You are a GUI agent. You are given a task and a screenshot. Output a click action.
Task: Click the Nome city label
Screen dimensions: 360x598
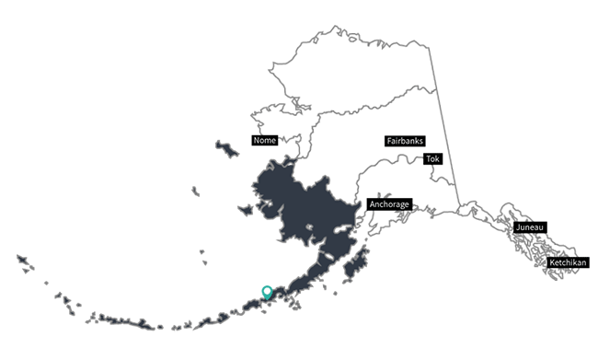point(264,141)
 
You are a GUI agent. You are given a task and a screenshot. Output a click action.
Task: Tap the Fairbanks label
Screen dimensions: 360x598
point(404,141)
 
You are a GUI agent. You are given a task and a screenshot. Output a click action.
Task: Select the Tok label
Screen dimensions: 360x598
point(432,158)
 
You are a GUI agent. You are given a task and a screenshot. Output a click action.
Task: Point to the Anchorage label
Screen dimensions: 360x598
point(387,203)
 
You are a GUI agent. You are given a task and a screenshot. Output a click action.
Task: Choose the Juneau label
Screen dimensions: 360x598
point(531,226)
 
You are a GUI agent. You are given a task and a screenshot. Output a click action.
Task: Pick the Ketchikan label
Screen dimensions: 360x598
point(568,263)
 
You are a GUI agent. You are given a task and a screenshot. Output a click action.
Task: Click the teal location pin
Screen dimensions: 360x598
point(267,292)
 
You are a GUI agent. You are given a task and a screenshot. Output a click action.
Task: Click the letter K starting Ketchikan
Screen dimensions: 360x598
point(553,263)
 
